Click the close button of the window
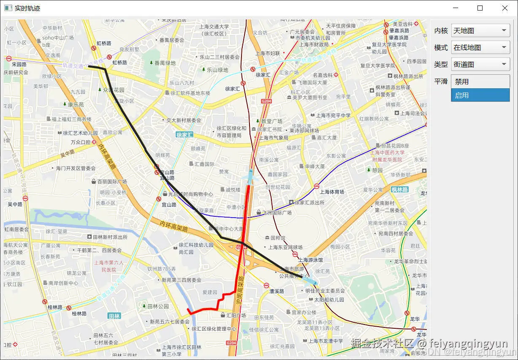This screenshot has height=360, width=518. [x=504, y=8]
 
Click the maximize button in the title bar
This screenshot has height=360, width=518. [x=480, y=8]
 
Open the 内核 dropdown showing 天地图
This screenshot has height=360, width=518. [x=480, y=30]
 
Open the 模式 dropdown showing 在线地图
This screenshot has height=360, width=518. [x=480, y=47]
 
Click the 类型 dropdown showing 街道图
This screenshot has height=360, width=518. [x=480, y=64]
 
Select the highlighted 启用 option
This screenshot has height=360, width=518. [x=480, y=95]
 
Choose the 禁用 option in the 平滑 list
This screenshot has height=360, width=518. [x=480, y=82]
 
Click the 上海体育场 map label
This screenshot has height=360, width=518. [x=332, y=192]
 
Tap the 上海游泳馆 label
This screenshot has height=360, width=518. [x=310, y=260]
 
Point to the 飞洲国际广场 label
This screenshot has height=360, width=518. [x=277, y=213]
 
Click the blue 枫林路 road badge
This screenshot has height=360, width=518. [x=399, y=190]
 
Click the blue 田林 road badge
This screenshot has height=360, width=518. [x=114, y=316]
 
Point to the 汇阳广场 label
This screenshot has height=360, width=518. [x=236, y=315]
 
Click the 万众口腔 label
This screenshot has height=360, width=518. [x=81, y=142]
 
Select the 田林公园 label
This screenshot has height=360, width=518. [x=158, y=306]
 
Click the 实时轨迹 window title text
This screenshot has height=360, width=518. [x=27, y=8]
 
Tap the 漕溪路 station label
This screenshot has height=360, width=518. [x=277, y=291]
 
